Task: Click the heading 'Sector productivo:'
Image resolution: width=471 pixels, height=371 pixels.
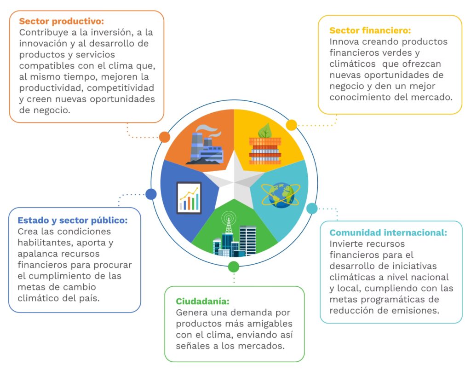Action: [x=62, y=22]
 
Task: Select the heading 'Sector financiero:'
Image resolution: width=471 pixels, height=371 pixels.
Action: [x=370, y=31]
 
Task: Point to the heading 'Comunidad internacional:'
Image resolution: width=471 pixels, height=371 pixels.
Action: [x=388, y=232]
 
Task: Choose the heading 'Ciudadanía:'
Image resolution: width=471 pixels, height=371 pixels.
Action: [x=202, y=301]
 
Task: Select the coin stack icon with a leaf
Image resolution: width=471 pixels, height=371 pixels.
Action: [x=264, y=145]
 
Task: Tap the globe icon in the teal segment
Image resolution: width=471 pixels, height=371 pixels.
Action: [x=281, y=195]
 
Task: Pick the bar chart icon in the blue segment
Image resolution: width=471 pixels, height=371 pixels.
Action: [x=189, y=197]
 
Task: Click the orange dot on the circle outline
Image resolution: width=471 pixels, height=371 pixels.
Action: [x=165, y=137]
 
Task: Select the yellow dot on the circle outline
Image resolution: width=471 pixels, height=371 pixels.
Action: [x=292, y=125]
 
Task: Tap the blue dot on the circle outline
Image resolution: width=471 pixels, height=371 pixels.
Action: [x=151, y=194]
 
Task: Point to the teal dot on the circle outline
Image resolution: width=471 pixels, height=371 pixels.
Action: [x=312, y=209]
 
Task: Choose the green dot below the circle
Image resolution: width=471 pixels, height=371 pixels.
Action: [x=234, y=267]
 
